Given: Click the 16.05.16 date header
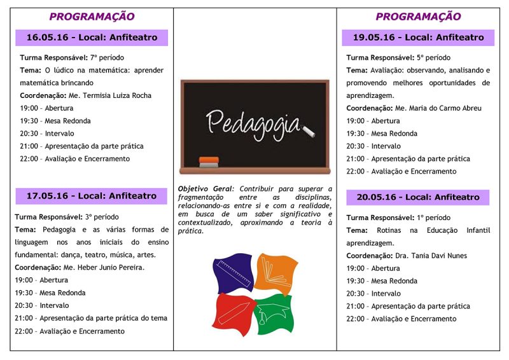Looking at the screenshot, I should (92, 38).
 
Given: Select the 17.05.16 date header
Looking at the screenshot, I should (92, 196).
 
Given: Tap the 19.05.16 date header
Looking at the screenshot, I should (418, 38).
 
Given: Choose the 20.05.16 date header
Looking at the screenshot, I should (418, 197).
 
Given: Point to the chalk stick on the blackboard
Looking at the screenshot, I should (309, 132).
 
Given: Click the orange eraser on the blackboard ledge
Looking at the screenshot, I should (209, 160).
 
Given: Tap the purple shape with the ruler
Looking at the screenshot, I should (232, 272).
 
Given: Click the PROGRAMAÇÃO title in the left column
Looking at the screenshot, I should (92, 17).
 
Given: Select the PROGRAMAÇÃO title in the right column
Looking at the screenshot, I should (418, 17).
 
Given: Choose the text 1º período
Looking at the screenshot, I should (436, 218).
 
